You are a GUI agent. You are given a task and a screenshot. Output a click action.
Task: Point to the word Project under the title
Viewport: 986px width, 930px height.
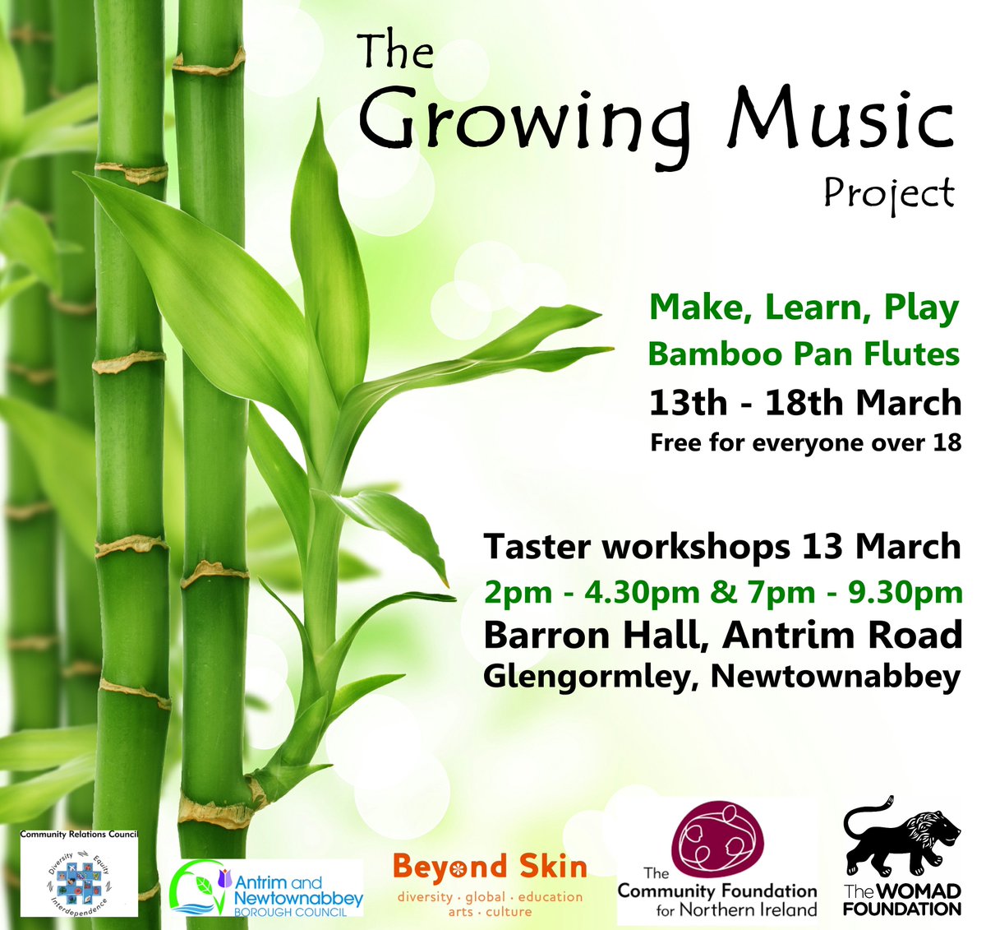coord(889,194)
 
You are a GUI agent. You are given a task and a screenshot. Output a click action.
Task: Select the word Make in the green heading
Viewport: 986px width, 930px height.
coord(698,308)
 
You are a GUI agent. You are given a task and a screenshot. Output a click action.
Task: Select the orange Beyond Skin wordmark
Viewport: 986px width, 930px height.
coord(490,867)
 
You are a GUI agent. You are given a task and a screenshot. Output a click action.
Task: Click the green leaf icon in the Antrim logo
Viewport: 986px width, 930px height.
coord(203,886)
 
